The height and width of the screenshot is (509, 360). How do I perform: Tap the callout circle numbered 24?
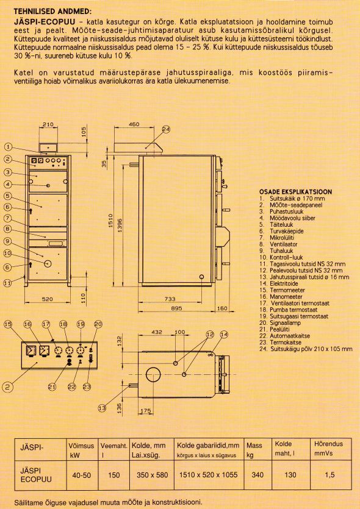(x=166, y=129)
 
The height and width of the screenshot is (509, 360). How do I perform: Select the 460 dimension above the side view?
(x=134, y=124)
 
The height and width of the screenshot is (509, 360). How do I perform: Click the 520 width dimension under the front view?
(x=48, y=299)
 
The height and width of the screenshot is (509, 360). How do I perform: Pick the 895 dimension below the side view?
(x=176, y=308)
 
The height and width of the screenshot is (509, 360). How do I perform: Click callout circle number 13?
(x=102, y=408)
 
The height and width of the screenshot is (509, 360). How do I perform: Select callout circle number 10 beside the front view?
(x=8, y=253)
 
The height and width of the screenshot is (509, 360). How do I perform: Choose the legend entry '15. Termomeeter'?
(x=282, y=290)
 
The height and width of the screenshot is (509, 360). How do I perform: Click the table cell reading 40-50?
(x=81, y=475)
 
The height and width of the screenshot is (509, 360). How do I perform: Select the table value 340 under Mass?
(x=257, y=475)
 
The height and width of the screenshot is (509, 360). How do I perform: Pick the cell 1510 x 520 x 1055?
(x=208, y=475)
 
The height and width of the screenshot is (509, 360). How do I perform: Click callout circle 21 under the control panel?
(x=52, y=386)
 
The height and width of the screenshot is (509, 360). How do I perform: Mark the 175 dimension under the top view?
(x=146, y=411)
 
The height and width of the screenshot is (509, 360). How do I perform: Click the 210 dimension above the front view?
(x=48, y=124)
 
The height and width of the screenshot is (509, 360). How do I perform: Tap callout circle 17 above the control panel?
(x=46, y=324)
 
